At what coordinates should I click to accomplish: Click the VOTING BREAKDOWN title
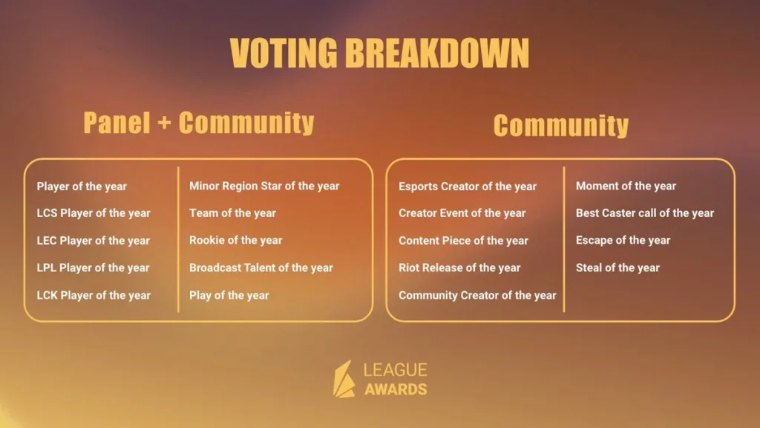pos(379,53)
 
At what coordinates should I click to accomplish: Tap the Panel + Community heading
pos(199,123)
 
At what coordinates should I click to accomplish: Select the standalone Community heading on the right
pos(561,126)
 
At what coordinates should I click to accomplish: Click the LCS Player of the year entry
pos(94,213)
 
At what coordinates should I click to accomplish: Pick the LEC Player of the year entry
pos(94,241)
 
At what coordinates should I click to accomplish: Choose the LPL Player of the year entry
pos(93,267)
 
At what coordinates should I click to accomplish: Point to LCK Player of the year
pos(94,296)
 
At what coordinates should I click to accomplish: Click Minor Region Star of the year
pos(264,187)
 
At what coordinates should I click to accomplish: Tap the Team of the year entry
pos(232,213)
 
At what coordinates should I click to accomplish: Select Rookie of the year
pos(235,241)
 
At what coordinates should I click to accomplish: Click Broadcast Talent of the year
pos(261,267)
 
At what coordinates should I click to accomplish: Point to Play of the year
pos(229,296)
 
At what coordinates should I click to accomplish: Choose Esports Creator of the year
pos(468,187)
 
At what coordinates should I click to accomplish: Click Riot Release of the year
pos(459,267)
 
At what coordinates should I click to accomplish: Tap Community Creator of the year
pos(477,296)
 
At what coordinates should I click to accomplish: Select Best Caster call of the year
pos(645,213)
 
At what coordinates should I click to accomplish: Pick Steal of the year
pos(617,267)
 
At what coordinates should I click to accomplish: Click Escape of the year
pos(623,241)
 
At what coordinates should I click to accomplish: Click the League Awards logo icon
pos(344,379)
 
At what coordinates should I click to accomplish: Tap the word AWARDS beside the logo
pos(396,389)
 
